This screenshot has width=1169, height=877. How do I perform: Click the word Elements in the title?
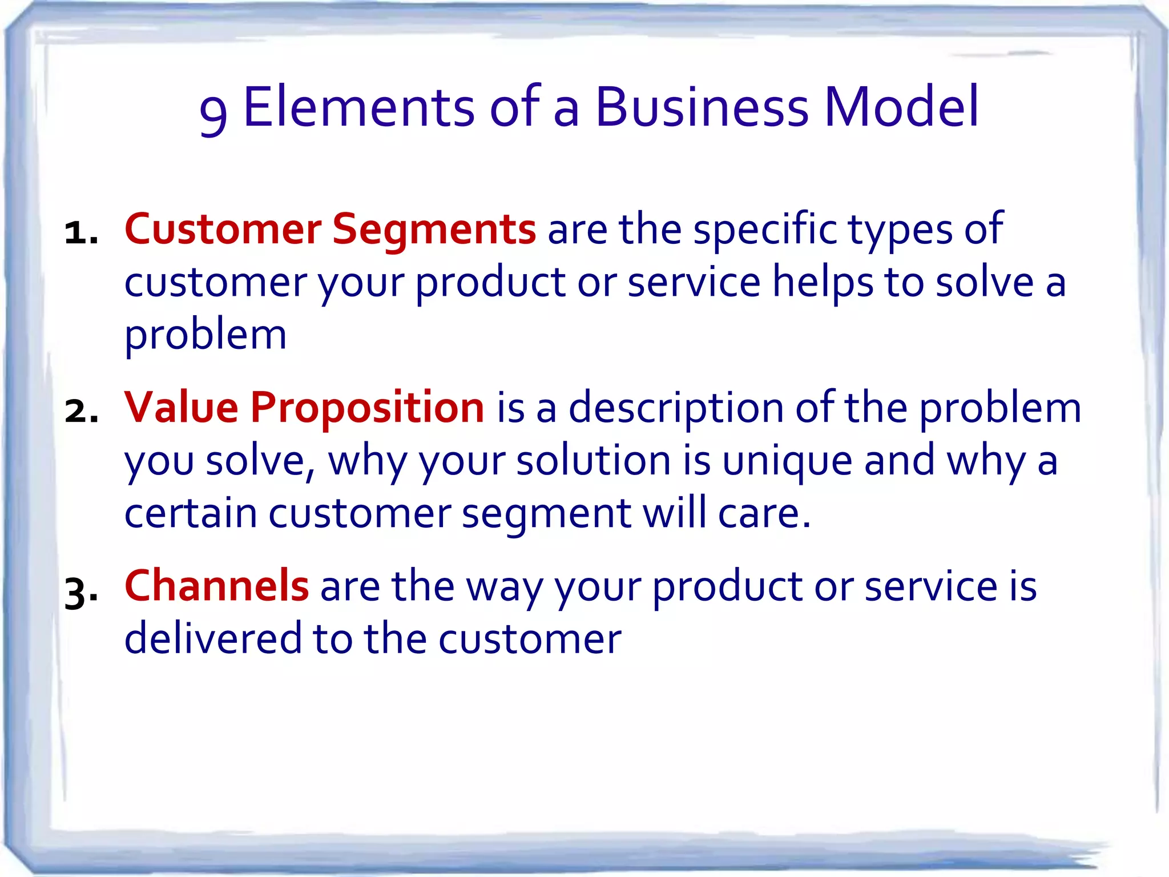click(x=358, y=107)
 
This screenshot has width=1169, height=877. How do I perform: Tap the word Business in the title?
click(x=702, y=107)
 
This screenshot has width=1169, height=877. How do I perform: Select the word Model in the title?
click(x=901, y=107)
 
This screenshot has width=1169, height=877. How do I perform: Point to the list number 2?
click(x=79, y=412)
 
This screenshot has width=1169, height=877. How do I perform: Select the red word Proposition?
click(x=367, y=408)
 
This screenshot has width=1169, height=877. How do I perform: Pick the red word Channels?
click(x=216, y=586)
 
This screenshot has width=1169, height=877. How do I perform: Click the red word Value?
click(x=181, y=408)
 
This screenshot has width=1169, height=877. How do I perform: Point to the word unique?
click(x=787, y=462)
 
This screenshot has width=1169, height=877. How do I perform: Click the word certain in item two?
click(x=191, y=513)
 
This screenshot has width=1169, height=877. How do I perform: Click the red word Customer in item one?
click(x=223, y=230)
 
